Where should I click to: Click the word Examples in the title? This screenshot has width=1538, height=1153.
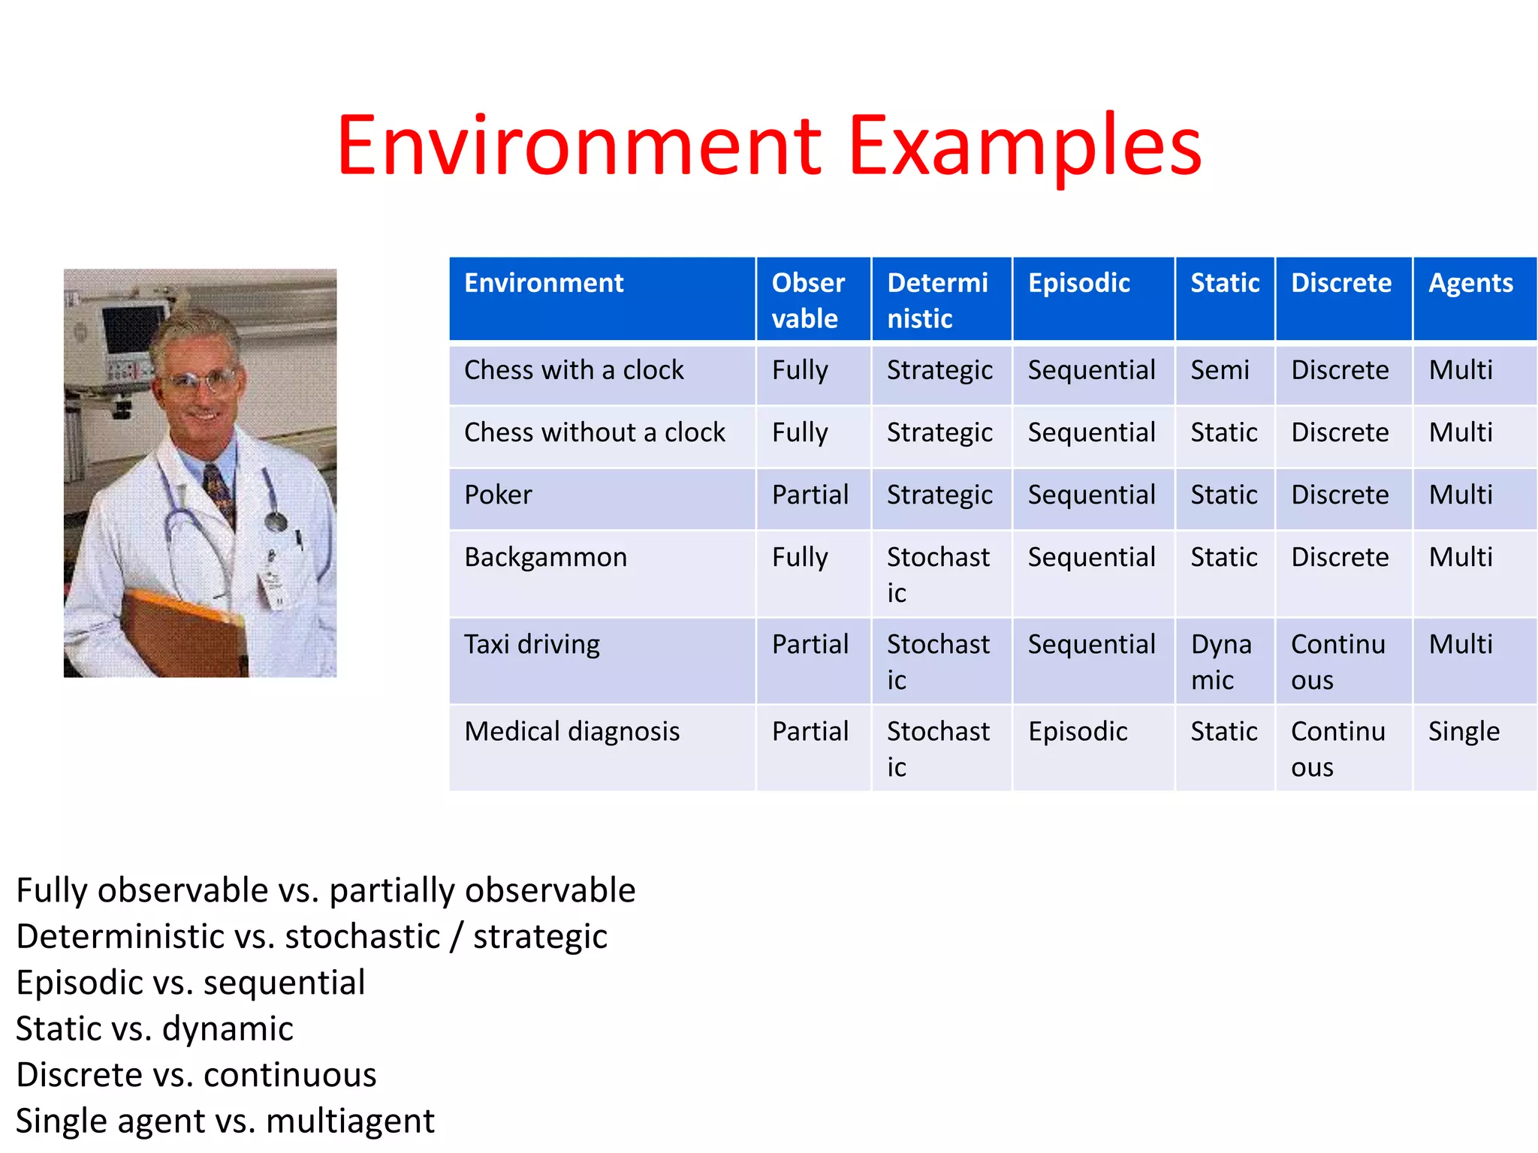coord(1025,146)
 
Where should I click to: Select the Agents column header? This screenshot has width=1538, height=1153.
coord(1470,283)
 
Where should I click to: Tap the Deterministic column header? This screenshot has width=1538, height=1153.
coord(937,300)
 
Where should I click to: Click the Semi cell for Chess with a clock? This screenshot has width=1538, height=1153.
coord(1220,370)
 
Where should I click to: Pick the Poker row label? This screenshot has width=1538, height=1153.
coord(498,495)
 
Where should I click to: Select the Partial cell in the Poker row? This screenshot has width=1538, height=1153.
coord(810,495)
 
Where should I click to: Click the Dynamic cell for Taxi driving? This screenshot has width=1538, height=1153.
coord(1221,661)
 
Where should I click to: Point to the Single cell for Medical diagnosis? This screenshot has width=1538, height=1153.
coord(1463,731)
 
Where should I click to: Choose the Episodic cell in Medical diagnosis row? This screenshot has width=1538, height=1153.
coord(1078,731)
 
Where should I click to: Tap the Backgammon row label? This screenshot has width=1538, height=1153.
coord(545,557)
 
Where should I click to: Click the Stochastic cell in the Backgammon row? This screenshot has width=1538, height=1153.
coord(937,574)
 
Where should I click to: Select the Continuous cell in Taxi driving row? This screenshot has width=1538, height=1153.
coord(1337,661)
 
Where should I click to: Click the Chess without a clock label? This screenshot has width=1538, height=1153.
coord(594,432)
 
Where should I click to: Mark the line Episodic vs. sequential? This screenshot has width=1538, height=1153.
coord(191,983)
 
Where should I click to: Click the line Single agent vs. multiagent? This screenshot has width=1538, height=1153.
coord(225,1121)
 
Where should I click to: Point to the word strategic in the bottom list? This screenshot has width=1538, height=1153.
coord(540,936)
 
